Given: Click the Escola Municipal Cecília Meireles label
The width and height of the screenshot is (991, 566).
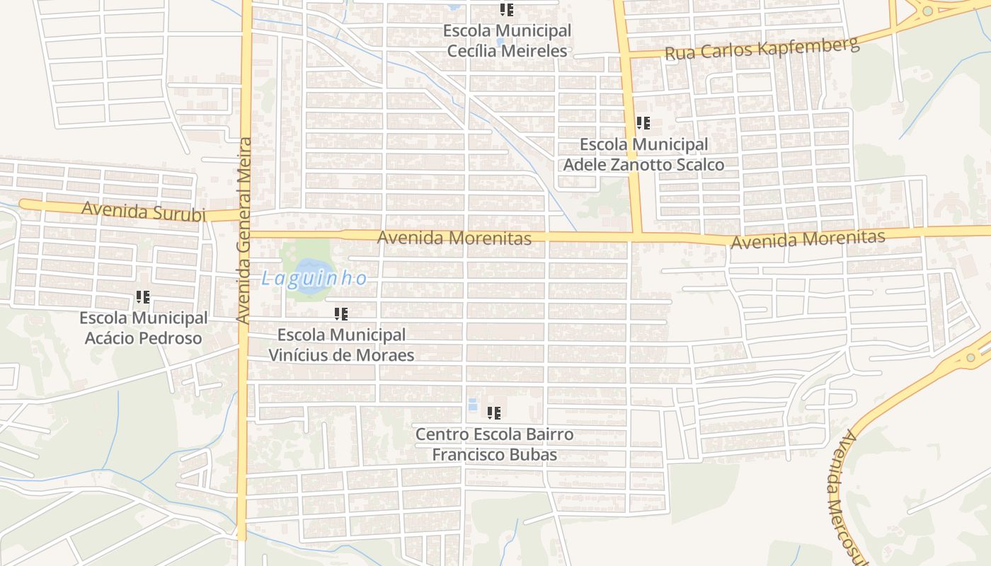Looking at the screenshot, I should coord(507,41).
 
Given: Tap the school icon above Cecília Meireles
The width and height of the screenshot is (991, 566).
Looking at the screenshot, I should coord(507,10).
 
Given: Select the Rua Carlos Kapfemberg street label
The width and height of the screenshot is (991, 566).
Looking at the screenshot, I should coord(762,48).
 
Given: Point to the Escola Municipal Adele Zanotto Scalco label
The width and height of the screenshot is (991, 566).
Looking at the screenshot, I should coord(643,154).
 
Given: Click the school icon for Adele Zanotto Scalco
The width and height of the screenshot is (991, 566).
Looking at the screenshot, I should coord(643,123).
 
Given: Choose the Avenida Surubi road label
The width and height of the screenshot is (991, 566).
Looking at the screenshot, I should coord(144,211).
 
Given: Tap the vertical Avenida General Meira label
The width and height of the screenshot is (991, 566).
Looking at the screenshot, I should coord(244,231).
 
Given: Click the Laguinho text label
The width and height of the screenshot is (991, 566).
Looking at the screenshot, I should coord(314,279).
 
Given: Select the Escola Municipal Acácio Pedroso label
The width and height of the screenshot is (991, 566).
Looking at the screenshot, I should coord(144,328).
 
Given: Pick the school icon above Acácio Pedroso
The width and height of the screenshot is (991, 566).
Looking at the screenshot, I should coord(143,297).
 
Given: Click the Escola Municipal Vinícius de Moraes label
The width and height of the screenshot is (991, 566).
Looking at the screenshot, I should coord(341,345).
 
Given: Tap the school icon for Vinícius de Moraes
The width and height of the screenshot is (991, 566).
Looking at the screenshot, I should coord(341,313).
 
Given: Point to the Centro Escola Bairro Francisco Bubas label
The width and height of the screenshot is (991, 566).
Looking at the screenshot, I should coord(494,444).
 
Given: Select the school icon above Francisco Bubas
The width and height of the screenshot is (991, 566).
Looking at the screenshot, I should coord(494,412).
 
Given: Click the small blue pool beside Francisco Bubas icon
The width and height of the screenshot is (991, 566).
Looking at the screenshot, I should coord(472,404).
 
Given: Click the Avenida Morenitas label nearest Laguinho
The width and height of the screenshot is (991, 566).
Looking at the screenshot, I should coord(454,238).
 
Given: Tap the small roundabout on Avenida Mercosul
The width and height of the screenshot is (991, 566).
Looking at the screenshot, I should coord(970,358).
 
